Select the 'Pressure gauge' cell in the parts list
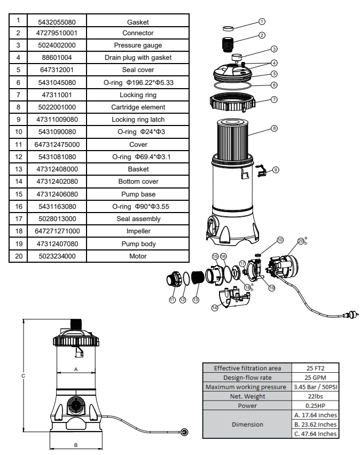138,45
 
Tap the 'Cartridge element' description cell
138,107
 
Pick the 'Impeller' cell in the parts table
138,231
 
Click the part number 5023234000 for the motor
56,256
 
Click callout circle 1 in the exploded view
262,22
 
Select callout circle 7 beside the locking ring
274,100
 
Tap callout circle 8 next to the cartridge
274,129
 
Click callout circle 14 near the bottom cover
214,308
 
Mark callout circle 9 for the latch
276,170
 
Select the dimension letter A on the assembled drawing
76,369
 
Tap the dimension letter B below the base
76,444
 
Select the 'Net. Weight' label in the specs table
247,396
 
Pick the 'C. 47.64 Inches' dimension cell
315,434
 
